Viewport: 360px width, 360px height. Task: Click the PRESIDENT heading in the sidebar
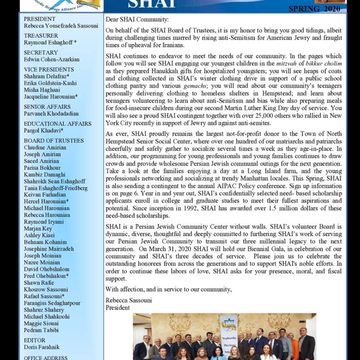(40, 19)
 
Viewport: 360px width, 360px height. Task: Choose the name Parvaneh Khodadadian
(54, 114)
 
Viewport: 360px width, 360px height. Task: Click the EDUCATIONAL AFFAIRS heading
(58, 124)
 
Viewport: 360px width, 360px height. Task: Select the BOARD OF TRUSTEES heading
(54, 141)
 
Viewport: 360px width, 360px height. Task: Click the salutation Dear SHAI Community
(137, 19)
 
